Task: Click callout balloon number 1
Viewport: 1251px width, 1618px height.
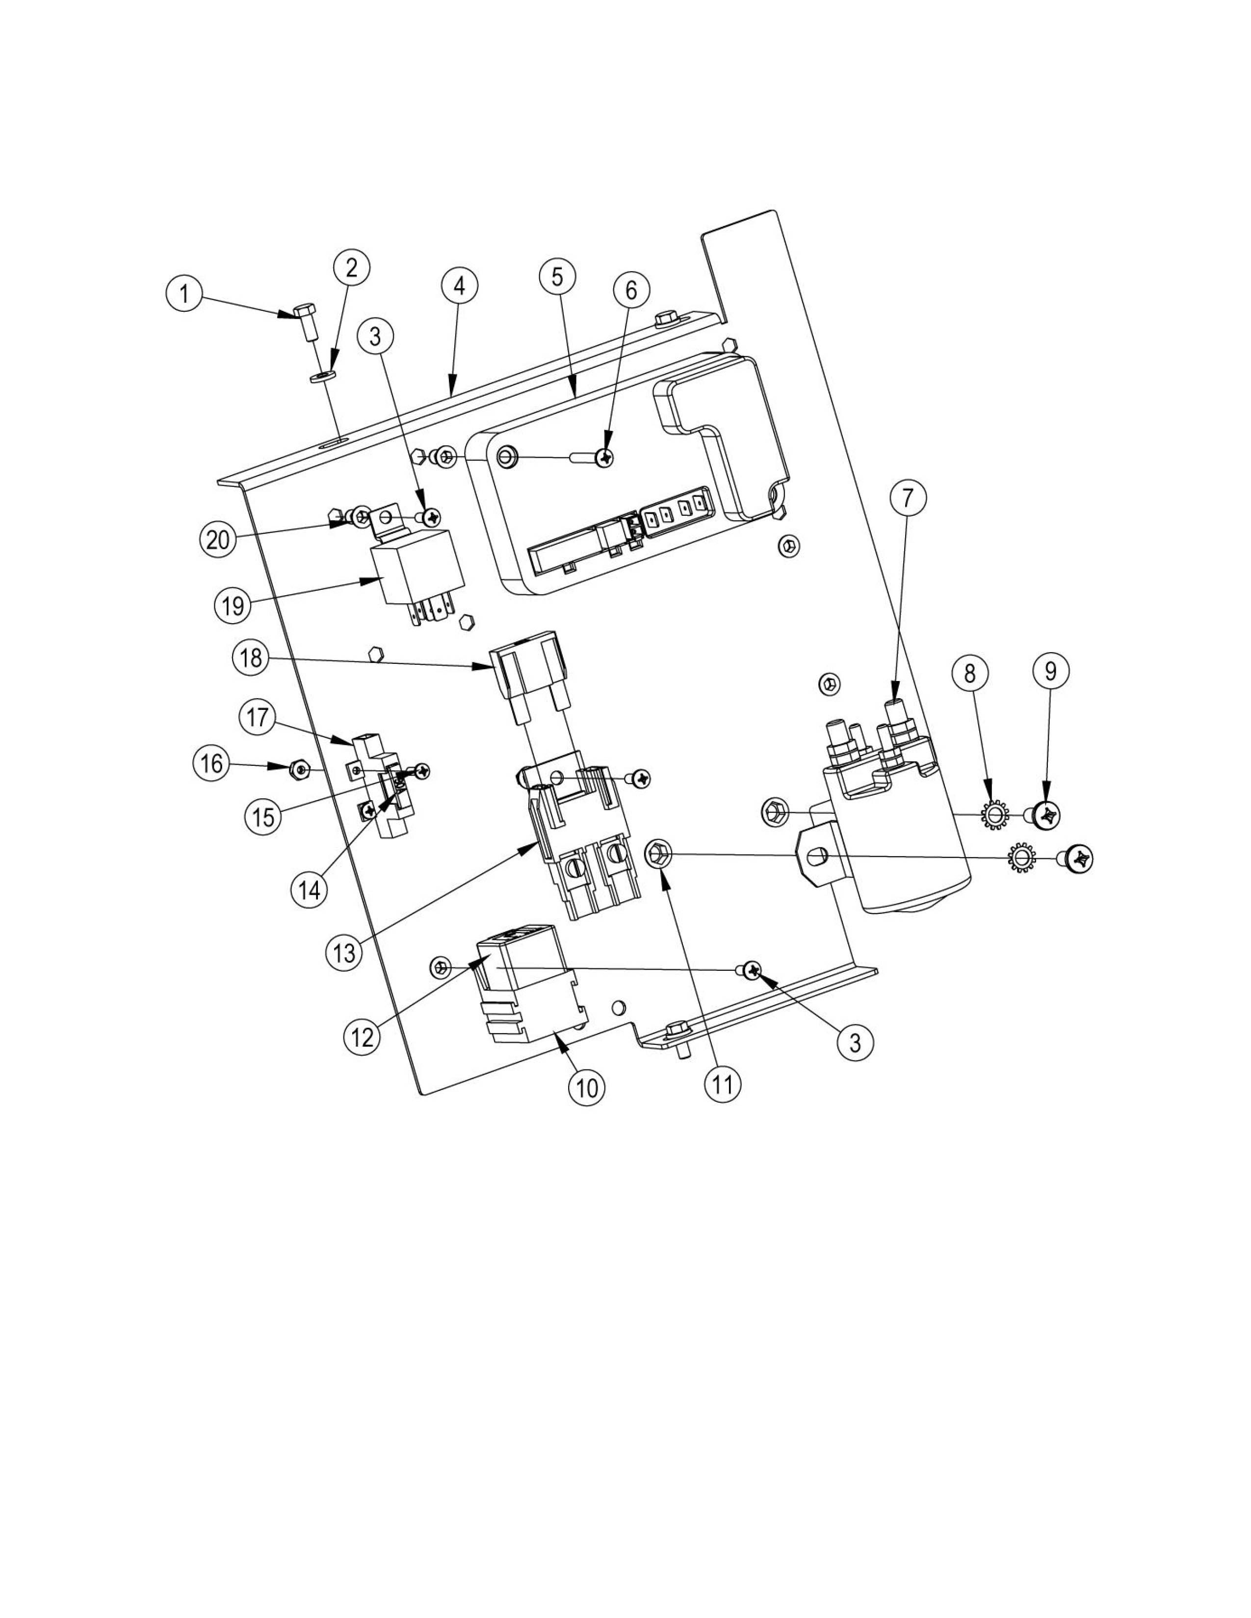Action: coord(184,295)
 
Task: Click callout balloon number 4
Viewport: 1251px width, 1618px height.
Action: coord(460,286)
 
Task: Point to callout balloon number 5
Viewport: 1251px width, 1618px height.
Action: coord(557,277)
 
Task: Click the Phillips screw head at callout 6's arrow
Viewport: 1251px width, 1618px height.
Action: coord(606,459)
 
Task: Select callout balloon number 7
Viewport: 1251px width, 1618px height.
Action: coord(908,498)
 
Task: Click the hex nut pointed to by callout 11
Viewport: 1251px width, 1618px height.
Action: coord(659,854)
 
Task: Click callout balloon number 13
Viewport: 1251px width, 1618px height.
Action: coord(344,953)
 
